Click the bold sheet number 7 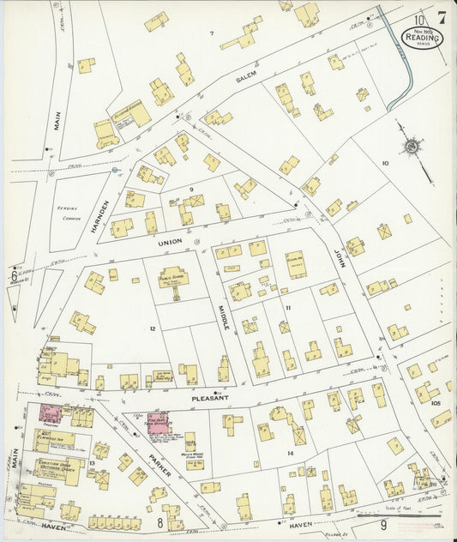pyautogui.click(x=441, y=18)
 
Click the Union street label pyautogui.click(x=169, y=242)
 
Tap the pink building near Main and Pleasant pyautogui.click(x=51, y=413)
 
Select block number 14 pyautogui.click(x=290, y=452)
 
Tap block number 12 pyautogui.click(x=152, y=328)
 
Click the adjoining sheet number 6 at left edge pyautogui.click(x=14, y=275)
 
